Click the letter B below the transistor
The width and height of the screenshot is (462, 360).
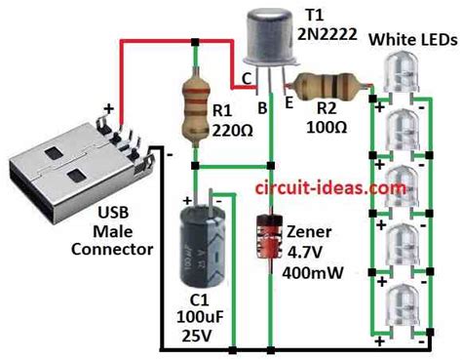(x=262, y=107)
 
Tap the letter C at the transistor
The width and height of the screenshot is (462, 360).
(x=247, y=76)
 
